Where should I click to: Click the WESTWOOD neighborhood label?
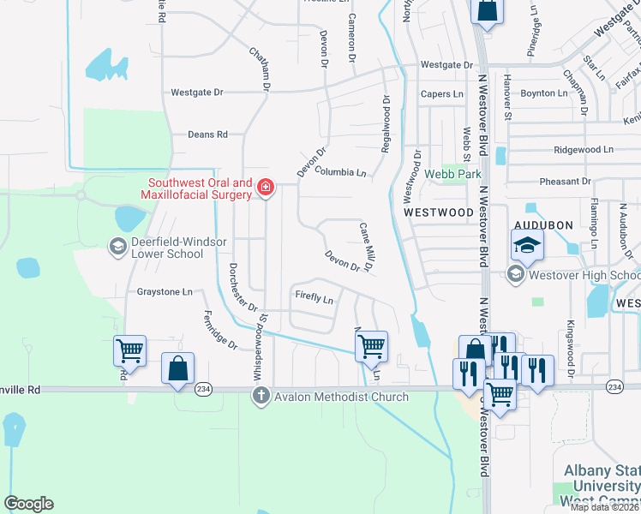coord(439,212)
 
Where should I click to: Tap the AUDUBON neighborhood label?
coord(542,224)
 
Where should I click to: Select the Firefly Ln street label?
coord(314,298)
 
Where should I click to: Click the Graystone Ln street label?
coord(165,291)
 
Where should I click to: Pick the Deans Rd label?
coord(207,134)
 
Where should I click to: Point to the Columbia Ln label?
coord(340,172)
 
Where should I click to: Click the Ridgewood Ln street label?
coord(584,149)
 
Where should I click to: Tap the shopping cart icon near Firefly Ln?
coord(372,346)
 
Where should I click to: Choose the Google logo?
coord(28,504)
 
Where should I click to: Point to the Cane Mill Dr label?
coord(365,248)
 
